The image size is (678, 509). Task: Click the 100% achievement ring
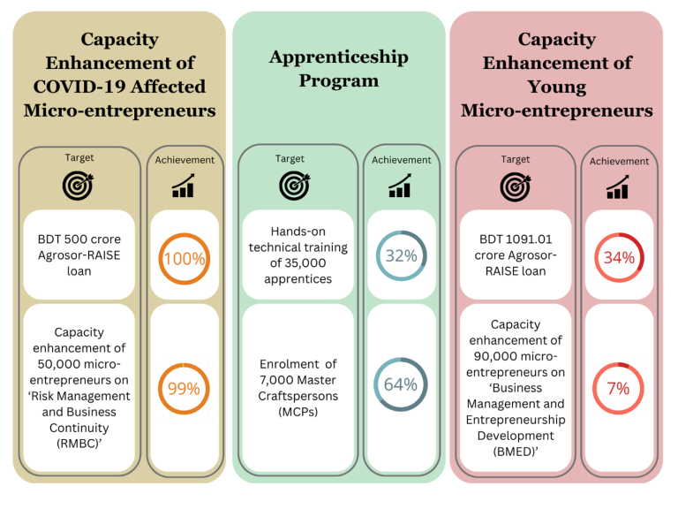(185, 259)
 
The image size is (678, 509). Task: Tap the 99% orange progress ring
(185, 388)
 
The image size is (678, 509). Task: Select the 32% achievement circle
(401, 255)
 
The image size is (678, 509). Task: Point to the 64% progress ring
(401, 384)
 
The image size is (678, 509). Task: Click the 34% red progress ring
(618, 258)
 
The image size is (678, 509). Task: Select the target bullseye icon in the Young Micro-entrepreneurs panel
(515, 186)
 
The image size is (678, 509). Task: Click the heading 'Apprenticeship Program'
(338, 69)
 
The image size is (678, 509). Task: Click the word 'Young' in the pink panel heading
(556, 87)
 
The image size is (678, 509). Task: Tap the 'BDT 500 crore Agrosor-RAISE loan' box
(79, 254)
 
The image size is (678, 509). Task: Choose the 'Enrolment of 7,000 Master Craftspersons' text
(298, 388)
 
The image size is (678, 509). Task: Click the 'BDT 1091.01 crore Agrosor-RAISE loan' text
(515, 254)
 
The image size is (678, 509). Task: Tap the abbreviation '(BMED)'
(516, 452)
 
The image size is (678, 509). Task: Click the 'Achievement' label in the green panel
(402, 160)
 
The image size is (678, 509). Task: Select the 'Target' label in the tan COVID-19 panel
(79, 157)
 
